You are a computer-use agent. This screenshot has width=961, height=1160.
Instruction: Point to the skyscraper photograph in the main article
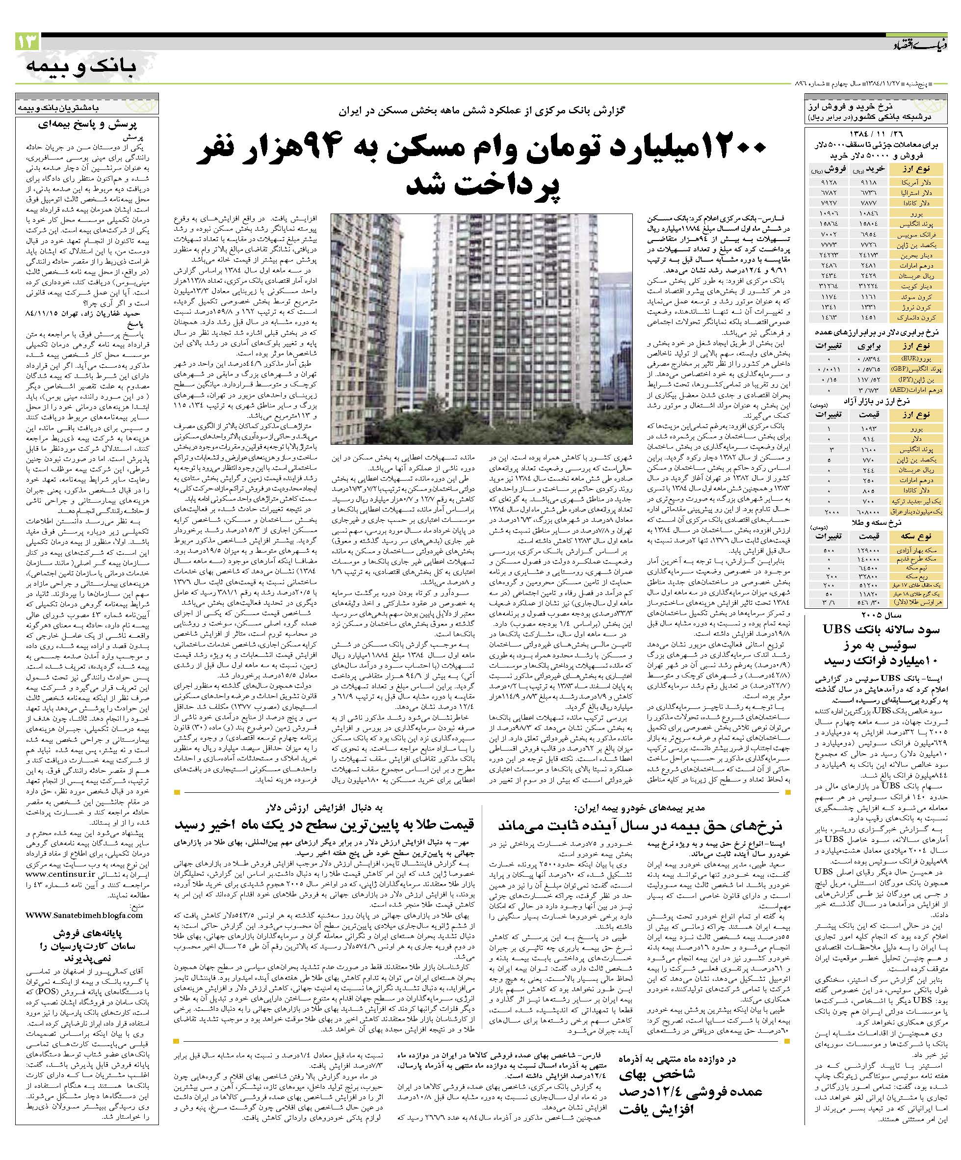click(482, 329)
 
